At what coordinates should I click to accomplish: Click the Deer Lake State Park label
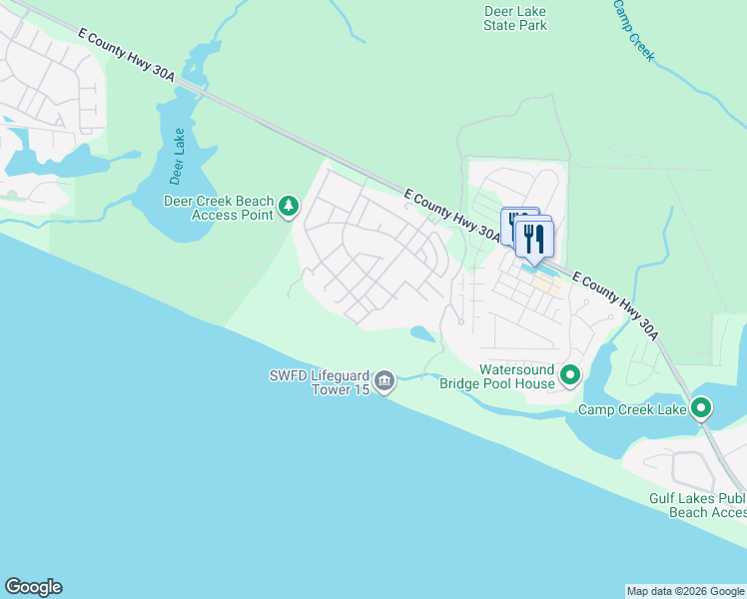tap(514, 18)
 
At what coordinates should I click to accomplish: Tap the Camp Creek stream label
tap(634, 30)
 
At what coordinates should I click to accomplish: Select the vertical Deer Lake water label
tap(178, 157)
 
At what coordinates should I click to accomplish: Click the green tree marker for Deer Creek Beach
tap(289, 206)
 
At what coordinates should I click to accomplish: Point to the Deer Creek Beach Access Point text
tap(218, 207)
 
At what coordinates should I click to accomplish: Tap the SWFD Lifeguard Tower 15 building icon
tap(384, 381)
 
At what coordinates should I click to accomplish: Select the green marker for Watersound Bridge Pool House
tap(570, 376)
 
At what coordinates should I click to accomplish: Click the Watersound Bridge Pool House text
tap(516, 376)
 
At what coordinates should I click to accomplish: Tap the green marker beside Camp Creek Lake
tap(701, 407)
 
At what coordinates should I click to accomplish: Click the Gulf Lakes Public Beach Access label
tap(697, 505)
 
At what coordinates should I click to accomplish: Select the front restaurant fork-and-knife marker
tap(534, 239)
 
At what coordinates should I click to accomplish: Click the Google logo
tap(33, 587)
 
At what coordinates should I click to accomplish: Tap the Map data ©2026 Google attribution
tap(684, 591)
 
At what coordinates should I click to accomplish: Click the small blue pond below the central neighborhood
tap(422, 333)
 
